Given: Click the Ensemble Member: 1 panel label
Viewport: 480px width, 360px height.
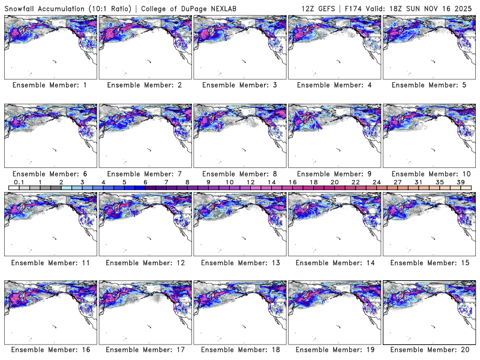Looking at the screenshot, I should (x=50, y=85).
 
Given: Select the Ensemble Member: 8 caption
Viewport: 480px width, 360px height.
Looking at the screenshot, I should (x=239, y=174).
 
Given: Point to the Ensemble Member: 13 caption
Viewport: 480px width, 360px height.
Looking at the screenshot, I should (x=239, y=263).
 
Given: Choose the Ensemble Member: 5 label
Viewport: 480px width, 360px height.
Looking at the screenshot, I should (x=428, y=85).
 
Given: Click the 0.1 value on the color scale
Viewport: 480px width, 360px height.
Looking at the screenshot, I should (x=19, y=182).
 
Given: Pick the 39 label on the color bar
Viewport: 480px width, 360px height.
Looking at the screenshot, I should (x=460, y=182).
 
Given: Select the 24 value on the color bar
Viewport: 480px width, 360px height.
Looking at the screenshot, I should (x=376, y=182).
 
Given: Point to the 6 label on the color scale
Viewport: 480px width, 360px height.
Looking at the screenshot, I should (x=145, y=182).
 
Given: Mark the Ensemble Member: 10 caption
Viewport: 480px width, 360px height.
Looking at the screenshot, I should (x=428, y=174).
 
